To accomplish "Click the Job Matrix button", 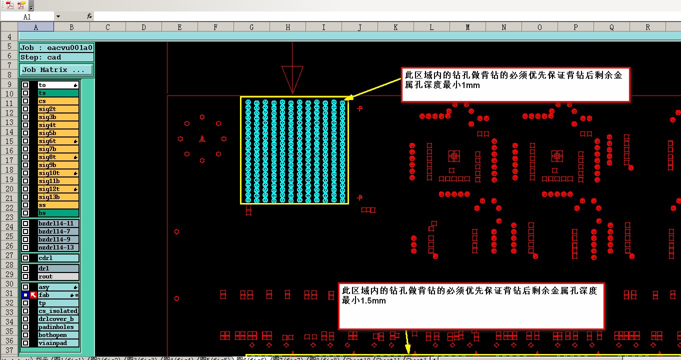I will point(56,70).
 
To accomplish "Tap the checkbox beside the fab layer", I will point(25,295).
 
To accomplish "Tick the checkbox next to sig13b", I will point(25,197).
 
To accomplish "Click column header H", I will point(287,27).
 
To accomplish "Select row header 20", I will point(9,189).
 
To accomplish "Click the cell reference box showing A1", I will point(27,16).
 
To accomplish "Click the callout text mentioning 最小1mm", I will point(514,80).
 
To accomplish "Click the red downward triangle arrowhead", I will point(292,79).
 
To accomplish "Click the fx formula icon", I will point(89,16).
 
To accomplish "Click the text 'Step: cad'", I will point(41,57).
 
